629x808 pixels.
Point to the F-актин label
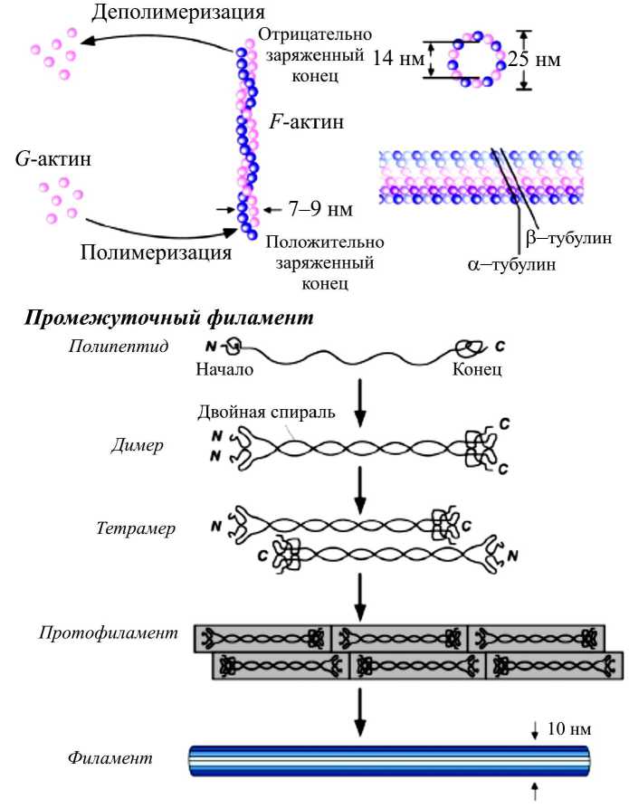pyautogui.click(x=307, y=121)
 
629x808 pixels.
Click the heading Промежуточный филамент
pyautogui.click(x=170, y=318)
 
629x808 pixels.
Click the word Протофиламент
pyautogui.click(x=108, y=632)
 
